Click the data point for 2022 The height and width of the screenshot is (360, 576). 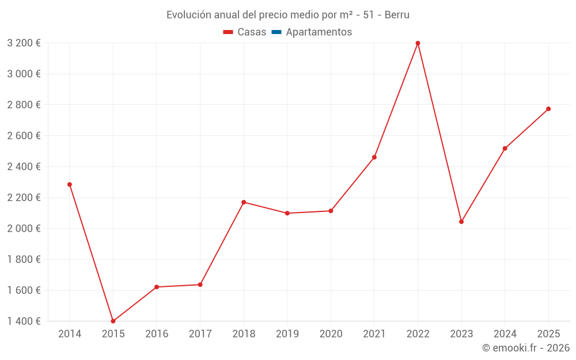point(418,43)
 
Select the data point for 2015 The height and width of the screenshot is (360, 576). point(113,321)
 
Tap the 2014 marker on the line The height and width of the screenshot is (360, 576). point(70,184)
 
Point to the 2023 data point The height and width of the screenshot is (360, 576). point(461,222)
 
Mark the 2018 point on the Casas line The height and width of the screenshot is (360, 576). point(244,202)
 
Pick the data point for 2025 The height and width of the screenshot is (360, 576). point(548,109)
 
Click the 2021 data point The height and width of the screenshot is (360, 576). point(374,157)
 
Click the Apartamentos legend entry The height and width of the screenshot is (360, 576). point(319,32)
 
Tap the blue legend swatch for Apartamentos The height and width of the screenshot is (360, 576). point(276,32)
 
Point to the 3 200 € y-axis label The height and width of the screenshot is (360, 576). point(24,43)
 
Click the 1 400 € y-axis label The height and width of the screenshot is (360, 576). point(24,321)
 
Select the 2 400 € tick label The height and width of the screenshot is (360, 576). point(24,166)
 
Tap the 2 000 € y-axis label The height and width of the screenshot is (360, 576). point(24,229)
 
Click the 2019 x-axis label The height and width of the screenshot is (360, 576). point(287,334)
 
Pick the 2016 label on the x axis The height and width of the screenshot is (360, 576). point(157,334)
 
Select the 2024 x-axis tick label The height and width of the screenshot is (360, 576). point(505,334)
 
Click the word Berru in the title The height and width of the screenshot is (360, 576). point(397,15)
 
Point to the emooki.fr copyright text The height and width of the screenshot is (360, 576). point(526,348)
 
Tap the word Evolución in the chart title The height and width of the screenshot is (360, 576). point(188,15)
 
